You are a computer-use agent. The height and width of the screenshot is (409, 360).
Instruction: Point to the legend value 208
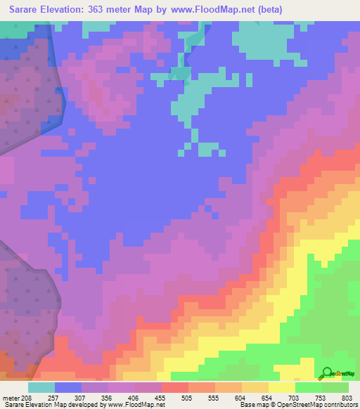24,397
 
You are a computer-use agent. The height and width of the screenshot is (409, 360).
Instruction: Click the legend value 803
346,397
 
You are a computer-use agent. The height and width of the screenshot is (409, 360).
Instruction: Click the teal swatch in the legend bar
41,387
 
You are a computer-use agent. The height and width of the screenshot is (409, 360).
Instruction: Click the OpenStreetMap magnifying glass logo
326,372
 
